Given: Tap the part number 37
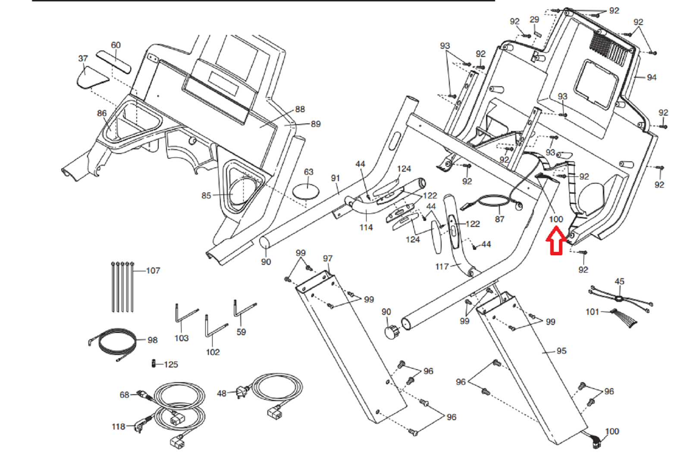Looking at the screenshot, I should coord(83,58).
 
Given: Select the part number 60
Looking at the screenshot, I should coord(116,45).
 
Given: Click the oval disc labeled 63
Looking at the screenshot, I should coord(307,190).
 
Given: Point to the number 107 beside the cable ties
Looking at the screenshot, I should coord(153,270).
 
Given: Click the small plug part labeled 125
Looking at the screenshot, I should coord(153,364).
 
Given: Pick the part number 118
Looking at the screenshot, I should coord(118,427).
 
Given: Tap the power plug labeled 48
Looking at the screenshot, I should coord(241,392).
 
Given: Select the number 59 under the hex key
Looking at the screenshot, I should coord(241,332).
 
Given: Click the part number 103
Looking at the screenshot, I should coord(182,338).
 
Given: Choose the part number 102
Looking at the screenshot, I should coord(213,352).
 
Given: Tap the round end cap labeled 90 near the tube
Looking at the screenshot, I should coord(392,332).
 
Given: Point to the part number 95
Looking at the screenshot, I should coord(561,351).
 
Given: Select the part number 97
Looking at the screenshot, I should coord(328,258).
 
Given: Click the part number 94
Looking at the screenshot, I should coord(652,77).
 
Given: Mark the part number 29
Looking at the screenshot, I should coord(534,19).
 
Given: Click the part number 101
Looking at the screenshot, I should coord(592,311).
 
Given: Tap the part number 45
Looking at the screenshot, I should coord(619,281).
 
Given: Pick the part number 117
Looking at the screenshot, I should coord(442,267).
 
